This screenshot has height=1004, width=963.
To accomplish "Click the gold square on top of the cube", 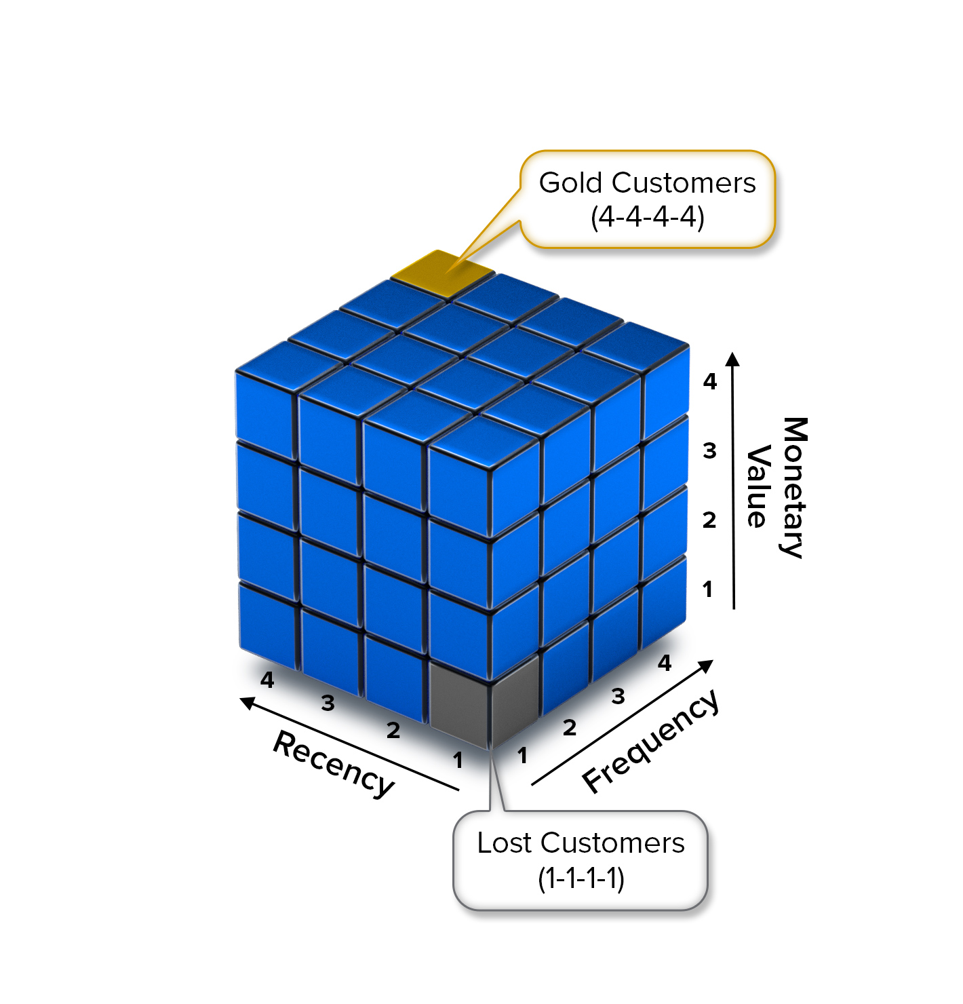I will (x=442, y=273).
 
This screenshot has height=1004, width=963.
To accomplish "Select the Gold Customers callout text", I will (x=647, y=182).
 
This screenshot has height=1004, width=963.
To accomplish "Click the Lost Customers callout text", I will (x=581, y=843).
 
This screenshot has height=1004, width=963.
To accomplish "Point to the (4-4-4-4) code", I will (x=647, y=217).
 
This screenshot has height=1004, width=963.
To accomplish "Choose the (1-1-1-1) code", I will (x=581, y=878).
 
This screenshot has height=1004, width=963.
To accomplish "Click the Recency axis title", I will (x=334, y=764).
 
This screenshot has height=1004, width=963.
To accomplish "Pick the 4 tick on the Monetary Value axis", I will (x=709, y=382).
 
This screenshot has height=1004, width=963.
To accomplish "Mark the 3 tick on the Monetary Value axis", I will (x=709, y=450).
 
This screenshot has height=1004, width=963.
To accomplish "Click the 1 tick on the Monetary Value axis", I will (x=708, y=589).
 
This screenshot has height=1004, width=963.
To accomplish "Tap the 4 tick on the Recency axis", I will (x=267, y=679).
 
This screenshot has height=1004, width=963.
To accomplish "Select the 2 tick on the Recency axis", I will (x=393, y=731).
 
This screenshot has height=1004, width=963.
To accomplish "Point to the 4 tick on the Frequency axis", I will (x=665, y=662).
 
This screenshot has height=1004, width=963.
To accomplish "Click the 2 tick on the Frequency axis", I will (x=570, y=728).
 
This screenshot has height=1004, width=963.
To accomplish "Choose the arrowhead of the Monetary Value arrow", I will (x=732, y=359).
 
